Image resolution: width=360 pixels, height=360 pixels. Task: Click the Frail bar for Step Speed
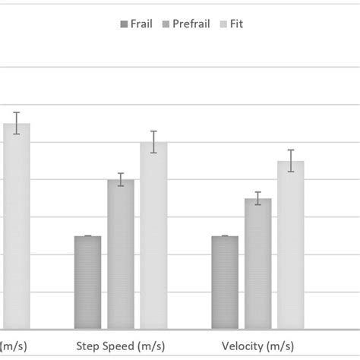tap(87, 283)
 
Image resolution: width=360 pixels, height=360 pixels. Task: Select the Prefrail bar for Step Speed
tap(120, 254)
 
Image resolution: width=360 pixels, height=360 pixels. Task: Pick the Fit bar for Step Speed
tap(153, 235)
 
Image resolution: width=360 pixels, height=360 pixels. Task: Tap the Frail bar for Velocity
tap(225, 283)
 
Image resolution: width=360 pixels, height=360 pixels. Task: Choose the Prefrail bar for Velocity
tap(257, 264)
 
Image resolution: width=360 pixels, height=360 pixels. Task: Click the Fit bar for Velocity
tap(290, 245)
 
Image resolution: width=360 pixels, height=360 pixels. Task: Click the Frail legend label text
tap(141, 24)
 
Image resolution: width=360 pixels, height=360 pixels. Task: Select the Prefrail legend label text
tap(191, 24)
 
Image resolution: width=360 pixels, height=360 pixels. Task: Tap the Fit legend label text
tap(236, 24)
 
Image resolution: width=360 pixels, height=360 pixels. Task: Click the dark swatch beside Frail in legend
tap(124, 24)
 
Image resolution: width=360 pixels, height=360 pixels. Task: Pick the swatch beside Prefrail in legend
tap(168, 24)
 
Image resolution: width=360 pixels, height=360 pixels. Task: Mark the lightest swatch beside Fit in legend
tap(223, 24)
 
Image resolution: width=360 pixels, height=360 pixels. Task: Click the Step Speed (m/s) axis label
tap(120, 346)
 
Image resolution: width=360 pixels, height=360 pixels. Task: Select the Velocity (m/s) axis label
tap(257, 346)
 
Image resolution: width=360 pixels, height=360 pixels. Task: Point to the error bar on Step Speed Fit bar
tap(153, 142)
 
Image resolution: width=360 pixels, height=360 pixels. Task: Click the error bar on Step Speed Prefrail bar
tap(120, 180)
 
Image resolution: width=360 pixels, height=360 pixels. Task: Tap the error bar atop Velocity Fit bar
tap(290, 160)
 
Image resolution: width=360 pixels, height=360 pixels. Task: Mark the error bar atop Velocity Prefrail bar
tap(257, 198)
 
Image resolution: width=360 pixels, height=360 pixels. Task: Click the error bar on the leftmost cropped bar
tap(16, 123)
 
